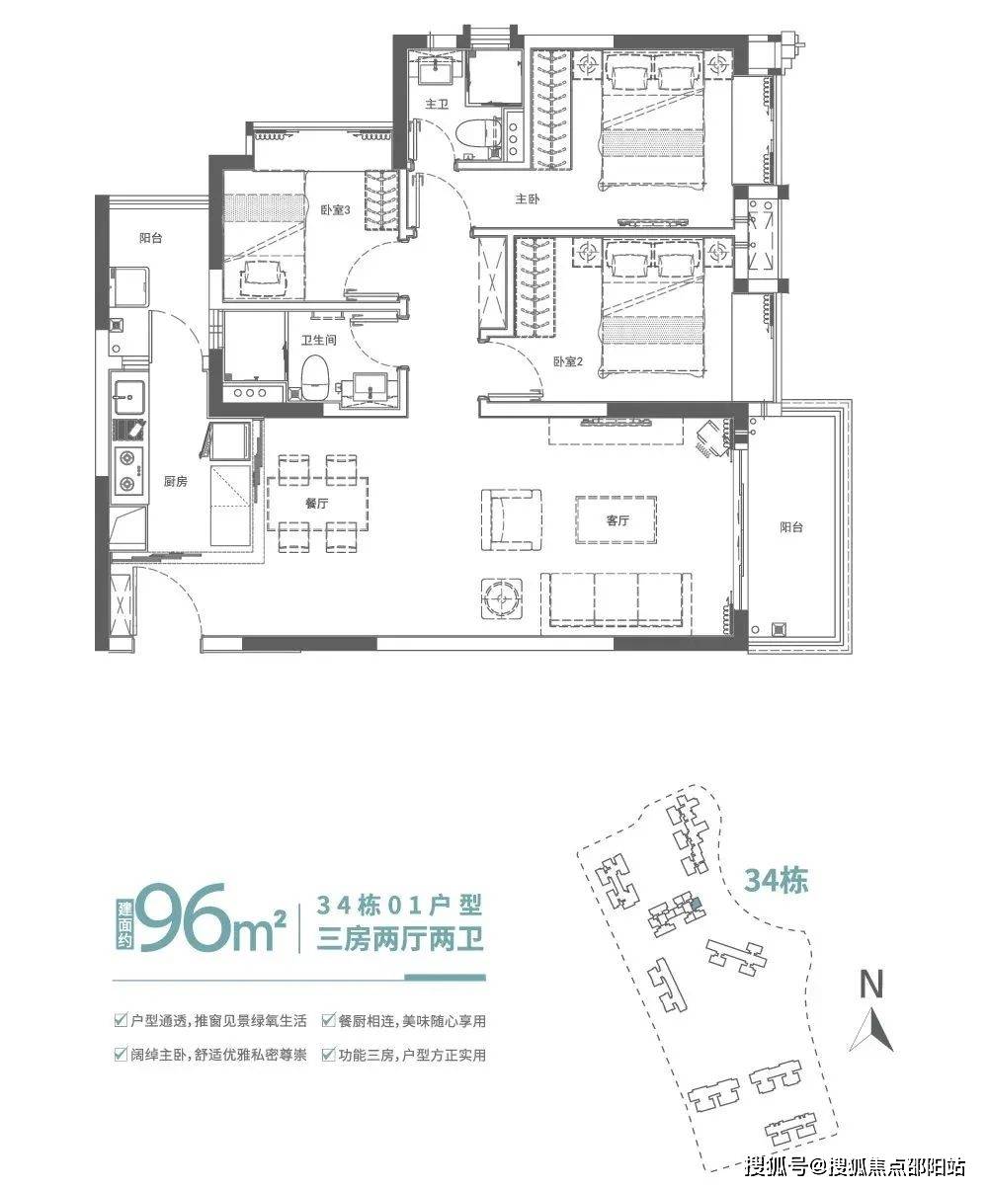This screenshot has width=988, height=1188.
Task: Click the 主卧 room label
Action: point(526,198)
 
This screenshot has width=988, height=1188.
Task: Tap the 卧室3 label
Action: point(336,210)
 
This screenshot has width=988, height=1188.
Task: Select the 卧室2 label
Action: point(568,362)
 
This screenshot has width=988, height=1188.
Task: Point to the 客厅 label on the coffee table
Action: point(617,520)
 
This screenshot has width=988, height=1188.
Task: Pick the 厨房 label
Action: point(176,481)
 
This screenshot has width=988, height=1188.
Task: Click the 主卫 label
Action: point(438,103)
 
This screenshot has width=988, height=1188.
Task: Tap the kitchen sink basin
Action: point(128,397)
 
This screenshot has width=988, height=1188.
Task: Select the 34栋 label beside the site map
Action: point(776,880)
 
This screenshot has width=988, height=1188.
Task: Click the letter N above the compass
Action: point(870,984)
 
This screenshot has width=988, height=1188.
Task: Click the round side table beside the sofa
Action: point(501,597)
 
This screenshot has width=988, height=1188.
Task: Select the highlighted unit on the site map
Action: point(697,902)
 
